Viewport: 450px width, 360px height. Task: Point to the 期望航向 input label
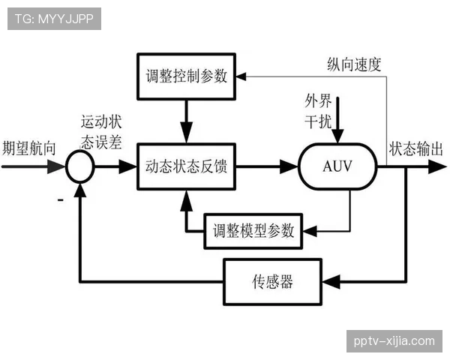click(x=29, y=148)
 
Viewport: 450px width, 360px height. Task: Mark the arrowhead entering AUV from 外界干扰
click(x=339, y=138)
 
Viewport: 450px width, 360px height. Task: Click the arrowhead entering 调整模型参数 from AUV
click(x=309, y=229)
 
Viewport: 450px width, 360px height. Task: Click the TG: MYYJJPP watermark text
click(x=53, y=19)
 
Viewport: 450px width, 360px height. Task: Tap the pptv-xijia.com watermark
click(x=394, y=341)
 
